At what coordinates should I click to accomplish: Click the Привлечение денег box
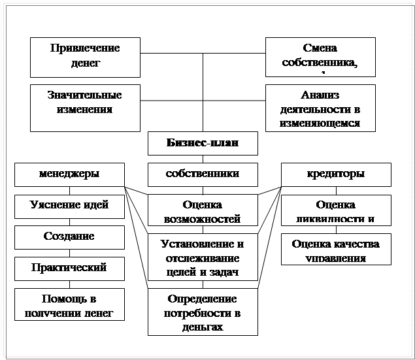(x=85, y=56)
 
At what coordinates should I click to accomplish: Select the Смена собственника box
(x=320, y=56)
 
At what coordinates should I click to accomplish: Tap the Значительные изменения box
(x=85, y=107)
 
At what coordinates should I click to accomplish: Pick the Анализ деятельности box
(x=320, y=107)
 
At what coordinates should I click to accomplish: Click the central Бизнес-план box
(x=202, y=143)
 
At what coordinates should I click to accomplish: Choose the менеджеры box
(x=69, y=174)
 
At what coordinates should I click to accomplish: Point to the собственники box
(x=202, y=174)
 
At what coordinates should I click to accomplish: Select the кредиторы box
(x=336, y=174)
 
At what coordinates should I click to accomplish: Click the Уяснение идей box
(x=69, y=206)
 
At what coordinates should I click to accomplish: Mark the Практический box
(x=69, y=268)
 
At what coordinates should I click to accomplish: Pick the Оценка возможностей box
(x=202, y=211)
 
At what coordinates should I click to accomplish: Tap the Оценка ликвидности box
(x=336, y=211)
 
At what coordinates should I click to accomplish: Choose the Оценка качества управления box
(x=336, y=250)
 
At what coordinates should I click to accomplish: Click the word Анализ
(x=320, y=95)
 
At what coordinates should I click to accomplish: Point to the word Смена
(x=320, y=48)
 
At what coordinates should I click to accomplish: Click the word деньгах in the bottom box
(x=202, y=326)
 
